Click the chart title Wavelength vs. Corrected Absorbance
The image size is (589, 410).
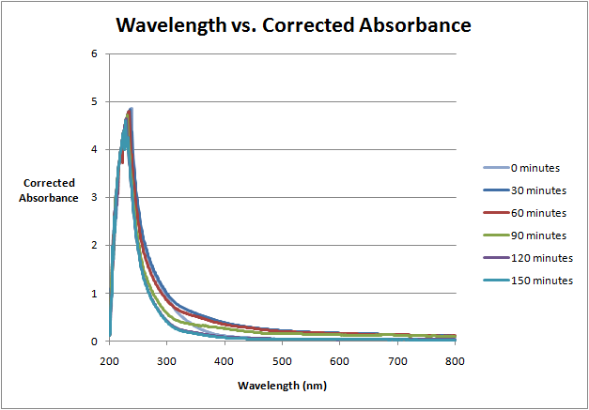pos(293,25)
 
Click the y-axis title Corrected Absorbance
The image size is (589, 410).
pos(49,190)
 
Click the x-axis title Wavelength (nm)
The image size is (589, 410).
pos(282,386)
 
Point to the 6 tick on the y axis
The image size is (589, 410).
pos(94,53)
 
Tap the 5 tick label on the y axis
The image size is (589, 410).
pos(94,101)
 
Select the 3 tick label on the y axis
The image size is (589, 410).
pos(94,198)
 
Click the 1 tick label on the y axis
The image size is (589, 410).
pos(94,294)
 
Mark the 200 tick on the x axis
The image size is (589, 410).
pos(109,360)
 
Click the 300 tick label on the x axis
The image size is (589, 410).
pos(166,360)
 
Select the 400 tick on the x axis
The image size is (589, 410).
pos(225,360)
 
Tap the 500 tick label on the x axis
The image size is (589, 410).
pos(282,360)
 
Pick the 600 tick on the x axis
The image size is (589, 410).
pos(340,360)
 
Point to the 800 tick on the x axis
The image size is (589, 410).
pos(455,360)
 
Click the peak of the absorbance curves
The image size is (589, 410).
pos(131,109)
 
